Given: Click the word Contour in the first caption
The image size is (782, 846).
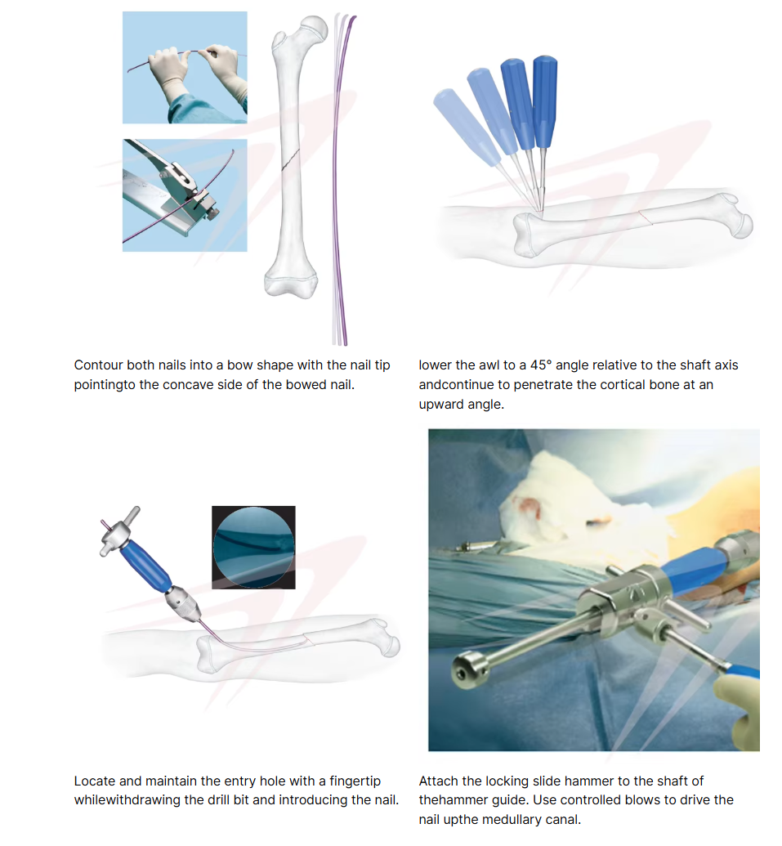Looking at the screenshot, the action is tap(98, 365).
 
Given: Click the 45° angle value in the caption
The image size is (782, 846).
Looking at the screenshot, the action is tap(541, 365).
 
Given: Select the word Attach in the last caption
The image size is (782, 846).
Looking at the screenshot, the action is tap(438, 781).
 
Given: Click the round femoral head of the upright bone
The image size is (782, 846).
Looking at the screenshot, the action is tap(314, 27).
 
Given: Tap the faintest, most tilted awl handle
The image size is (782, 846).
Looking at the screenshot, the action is tap(467, 128).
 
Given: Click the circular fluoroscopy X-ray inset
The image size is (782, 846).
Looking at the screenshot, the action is tap(253, 547).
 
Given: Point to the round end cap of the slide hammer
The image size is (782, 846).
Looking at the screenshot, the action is tap(469, 670).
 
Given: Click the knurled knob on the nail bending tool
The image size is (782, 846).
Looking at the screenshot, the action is tap(213, 213).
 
